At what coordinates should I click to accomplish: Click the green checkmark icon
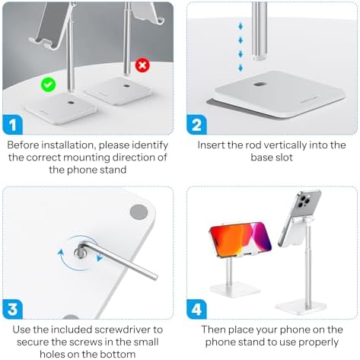(x=47, y=86)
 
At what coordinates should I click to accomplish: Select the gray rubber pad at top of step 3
(x=139, y=211)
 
